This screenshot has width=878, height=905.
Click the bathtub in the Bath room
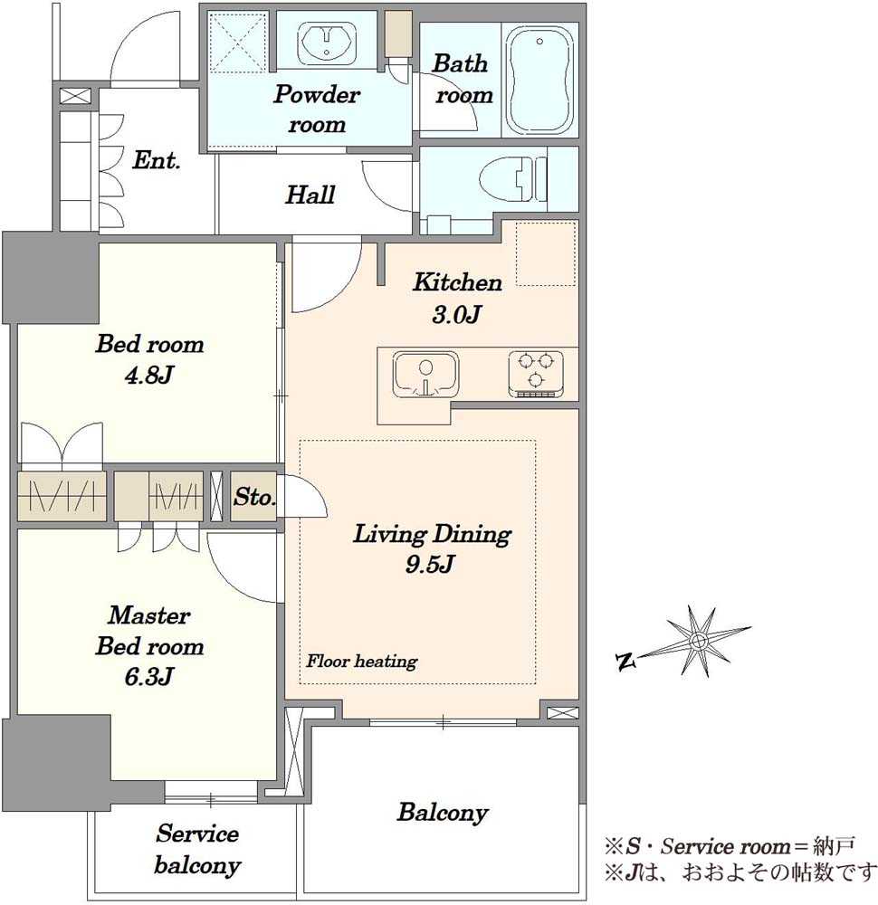(x=539, y=80)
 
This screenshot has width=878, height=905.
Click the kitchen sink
(x=425, y=375)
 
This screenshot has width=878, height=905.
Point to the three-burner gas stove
(x=536, y=374)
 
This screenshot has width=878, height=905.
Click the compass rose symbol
(x=699, y=641)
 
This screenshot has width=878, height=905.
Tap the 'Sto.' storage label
(x=254, y=496)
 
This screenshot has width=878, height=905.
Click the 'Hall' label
(x=310, y=195)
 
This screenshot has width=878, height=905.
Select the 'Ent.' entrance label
(x=156, y=160)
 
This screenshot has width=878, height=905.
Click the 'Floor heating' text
(x=361, y=661)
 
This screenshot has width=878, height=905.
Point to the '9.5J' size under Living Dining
(x=429, y=564)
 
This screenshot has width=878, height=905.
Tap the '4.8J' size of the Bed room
(x=149, y=376)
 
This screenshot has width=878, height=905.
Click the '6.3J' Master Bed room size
(x=149, y=676)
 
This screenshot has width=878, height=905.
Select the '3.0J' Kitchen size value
(x=456, y=315)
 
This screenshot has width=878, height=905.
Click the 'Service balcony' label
(x=197, y=849)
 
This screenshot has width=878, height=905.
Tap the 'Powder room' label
(x=317, y=110)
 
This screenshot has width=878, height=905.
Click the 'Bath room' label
(x=463, y=79)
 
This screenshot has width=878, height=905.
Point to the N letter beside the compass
(x=625, y=662)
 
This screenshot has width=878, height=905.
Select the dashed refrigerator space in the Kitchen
(x=546, y=253)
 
